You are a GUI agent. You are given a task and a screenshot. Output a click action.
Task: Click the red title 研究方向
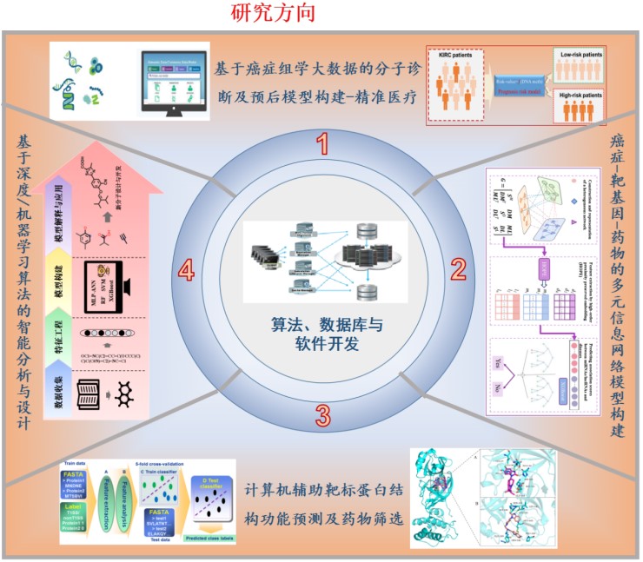273,13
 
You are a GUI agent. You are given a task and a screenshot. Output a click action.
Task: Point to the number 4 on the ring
185,272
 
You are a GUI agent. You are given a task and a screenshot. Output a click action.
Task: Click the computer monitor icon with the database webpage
176,82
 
